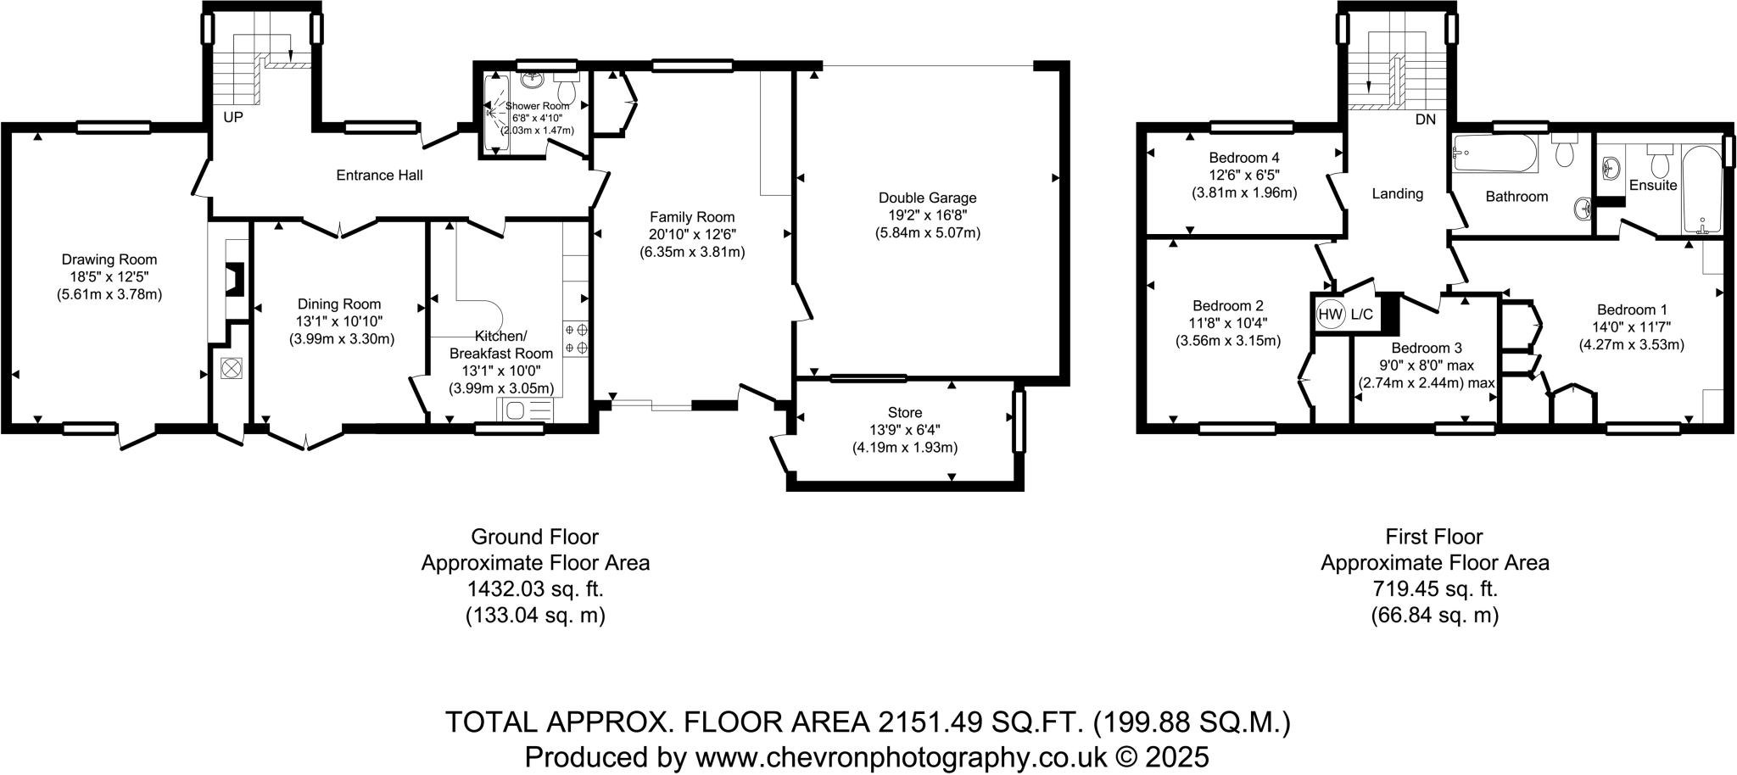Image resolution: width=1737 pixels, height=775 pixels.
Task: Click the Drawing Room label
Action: pos(109,259)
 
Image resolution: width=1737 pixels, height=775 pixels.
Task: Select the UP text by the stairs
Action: pos(232,117)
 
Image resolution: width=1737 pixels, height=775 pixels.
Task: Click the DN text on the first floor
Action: pos(1425,120)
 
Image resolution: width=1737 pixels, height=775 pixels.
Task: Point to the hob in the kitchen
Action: pos(576,337)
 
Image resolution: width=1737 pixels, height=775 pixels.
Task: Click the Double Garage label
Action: pos(927,198)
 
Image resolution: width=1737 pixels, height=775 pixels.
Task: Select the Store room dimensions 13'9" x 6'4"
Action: pos(904,430)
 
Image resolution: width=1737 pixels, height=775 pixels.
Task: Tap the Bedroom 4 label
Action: pos(1244,158)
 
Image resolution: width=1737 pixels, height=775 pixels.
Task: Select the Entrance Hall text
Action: pos(379,176)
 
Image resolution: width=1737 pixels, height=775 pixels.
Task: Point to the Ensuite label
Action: pos(1653,185)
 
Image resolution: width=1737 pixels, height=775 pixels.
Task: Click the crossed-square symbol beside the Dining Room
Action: pos(231,369)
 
